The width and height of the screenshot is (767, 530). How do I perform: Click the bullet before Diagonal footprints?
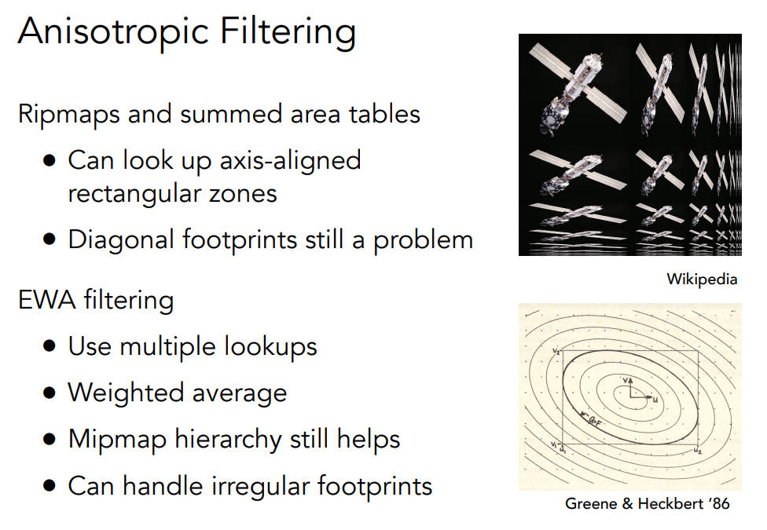tap(50, 239)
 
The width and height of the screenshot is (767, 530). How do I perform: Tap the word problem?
tap(424, 241)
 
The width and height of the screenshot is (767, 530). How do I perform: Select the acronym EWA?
tap(47, 300)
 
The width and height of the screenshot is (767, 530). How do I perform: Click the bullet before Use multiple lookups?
tap(50, 345)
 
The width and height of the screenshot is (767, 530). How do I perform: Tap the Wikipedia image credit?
tap(702, 280)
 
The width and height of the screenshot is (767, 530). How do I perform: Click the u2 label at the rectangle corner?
tap(698, 451)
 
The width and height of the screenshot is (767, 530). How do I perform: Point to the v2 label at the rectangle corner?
tap(556, 351)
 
